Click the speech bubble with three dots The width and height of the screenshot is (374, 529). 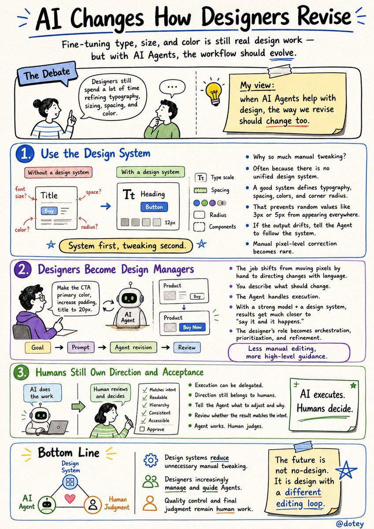click(x=172, y=88)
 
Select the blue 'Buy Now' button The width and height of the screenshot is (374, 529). click(x=192, y=327)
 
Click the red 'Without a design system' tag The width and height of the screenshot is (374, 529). click(x=58, y=172)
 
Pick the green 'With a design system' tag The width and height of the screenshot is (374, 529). click(x=150, y=172)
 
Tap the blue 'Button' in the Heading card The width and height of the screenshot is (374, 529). click(x=154, y=207)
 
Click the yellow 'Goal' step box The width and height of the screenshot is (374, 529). click(x=38, y=347)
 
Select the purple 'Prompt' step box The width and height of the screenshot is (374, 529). click(x=81, y=347)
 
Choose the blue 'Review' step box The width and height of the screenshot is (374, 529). click(x=187, y=347)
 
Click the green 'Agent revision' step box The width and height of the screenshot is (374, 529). click(x=133, y=347)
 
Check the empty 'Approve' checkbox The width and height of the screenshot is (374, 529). click(x=142, y=429)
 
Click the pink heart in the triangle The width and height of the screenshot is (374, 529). click(x=70, y=498)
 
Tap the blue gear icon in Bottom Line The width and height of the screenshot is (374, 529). click(x=151, y=460)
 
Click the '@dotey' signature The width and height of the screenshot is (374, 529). click(x=350, y=523)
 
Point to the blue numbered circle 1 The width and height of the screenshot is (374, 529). click(x=25, y=154)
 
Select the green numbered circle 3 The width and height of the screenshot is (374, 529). click(x=21, y=373)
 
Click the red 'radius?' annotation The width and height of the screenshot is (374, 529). click(x=89, y=227)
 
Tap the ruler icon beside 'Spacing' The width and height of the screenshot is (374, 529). click(x=200, y=190)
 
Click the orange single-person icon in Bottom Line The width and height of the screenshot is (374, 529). click(x=150, y=503)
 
